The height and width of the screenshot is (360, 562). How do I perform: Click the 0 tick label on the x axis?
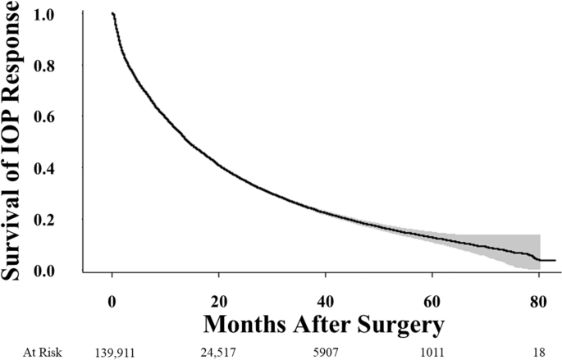point(112,298)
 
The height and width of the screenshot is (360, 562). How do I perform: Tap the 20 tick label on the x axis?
point(219,298)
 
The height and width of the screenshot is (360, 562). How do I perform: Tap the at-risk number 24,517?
point(219,349)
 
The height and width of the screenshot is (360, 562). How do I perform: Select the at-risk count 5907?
point(326,349)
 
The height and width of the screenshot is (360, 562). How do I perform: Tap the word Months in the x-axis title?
point(246,323)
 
